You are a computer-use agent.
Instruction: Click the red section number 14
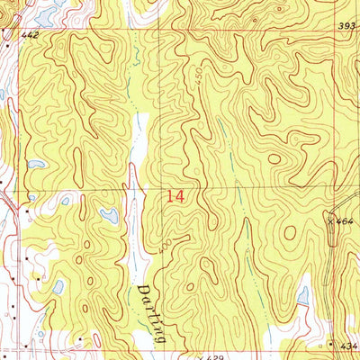176,194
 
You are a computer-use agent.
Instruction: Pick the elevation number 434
349,346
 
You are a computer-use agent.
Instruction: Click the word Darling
150,310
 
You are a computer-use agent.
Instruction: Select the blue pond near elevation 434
303,295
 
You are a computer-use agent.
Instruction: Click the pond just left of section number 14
109,215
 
